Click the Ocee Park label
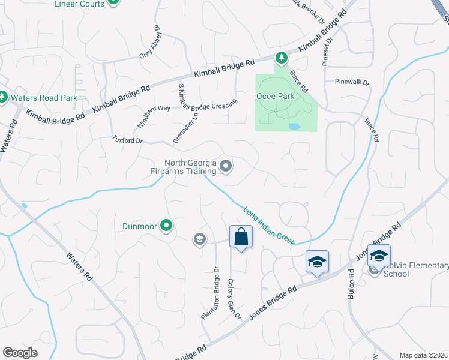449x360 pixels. (x=276, y=96)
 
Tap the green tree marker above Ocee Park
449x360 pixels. (x=280, y=58)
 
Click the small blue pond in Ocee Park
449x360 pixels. (x=294, y=127)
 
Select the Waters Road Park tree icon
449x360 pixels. (x=3, y=97)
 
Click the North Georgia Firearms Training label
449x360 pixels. (x=182, y=167)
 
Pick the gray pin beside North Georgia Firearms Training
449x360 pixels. (x=226, y=166)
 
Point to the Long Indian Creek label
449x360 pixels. (x=269, y=226)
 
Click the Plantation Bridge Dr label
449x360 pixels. (x=210, y=292)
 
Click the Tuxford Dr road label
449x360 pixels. (x=127, y=140)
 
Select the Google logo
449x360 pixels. (x=20, y=353)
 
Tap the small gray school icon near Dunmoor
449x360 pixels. (x=199, y=240)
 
